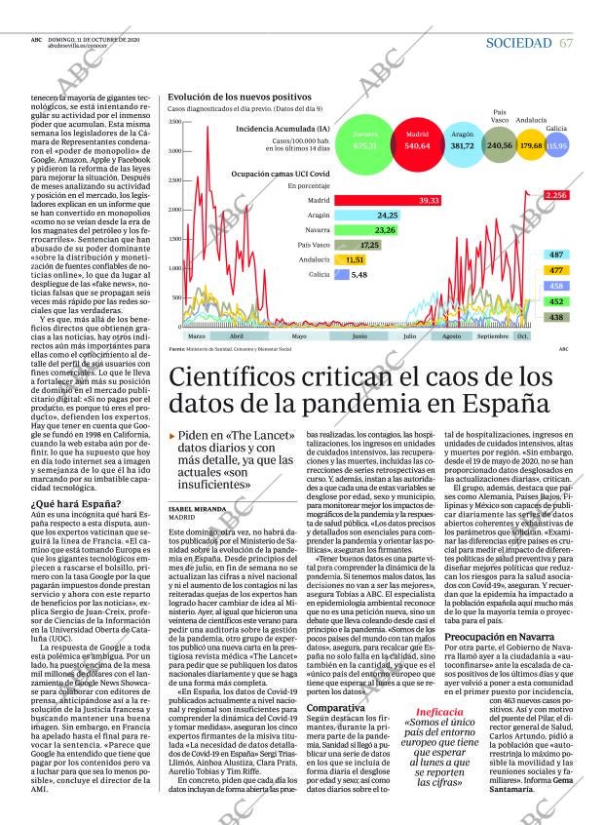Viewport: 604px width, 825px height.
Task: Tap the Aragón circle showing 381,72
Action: pos(463,145)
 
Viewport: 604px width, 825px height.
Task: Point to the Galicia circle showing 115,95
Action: pos(556,145)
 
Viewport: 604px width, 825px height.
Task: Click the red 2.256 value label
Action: pos(555,196)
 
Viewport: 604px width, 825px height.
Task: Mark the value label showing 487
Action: pos(555,255)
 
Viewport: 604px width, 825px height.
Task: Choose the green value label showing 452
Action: pos(555,302)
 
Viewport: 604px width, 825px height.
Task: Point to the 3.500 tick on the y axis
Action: pos(174,150)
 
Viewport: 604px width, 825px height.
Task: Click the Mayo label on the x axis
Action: pos(299,336)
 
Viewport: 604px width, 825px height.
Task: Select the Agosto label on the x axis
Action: pos(451,336)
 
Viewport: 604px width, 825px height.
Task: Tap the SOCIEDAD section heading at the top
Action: pos(518,43)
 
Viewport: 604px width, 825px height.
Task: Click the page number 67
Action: pos(566,43)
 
